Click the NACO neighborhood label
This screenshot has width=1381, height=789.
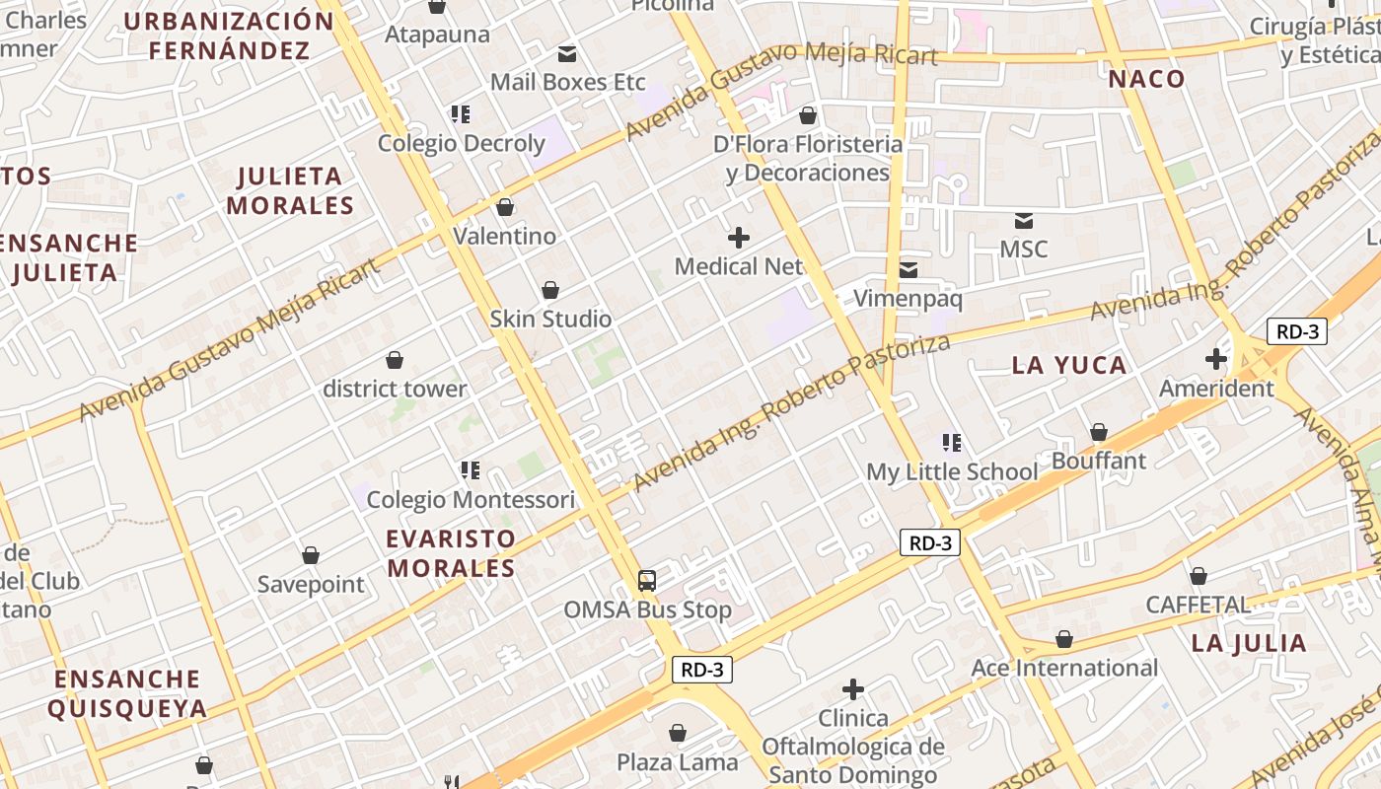pos(1146,79)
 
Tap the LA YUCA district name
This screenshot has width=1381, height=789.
pos(1069,366)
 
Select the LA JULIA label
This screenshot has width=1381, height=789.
pos(1249,644)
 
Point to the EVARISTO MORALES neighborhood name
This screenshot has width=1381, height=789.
pos(451,553)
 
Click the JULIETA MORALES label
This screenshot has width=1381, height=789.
pos(290,191)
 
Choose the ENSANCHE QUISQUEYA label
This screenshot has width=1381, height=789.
pos(127,693)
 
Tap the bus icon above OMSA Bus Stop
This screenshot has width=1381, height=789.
pos(647,581)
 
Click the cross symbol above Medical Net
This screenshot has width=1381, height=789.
pos(738,238)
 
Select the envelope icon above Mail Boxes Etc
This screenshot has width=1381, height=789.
pos(567,53)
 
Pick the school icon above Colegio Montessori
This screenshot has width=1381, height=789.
pos(470,470)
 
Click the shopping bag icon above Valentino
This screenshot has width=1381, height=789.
pos(505,207)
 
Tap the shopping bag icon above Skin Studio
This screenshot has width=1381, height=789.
pos(550,290)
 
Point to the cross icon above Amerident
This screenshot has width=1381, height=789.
pos(1216,359)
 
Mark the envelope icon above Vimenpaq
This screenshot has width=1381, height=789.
pos(908,269)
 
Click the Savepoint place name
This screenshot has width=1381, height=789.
pos(311,585)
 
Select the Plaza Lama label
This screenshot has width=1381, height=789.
pos(677,762)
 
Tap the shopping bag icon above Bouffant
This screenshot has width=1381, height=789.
pos(1098,432)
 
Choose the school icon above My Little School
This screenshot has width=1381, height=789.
pos(952,443)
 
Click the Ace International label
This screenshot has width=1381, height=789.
pos(1064,669)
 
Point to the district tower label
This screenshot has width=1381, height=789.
pos(395,389)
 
